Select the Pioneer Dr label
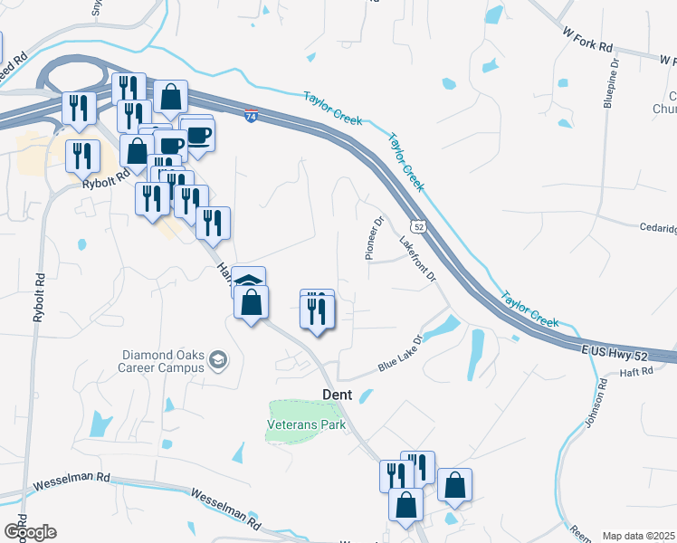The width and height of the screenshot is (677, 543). click(375, 238)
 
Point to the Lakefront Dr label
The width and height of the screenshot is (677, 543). click(418, 257)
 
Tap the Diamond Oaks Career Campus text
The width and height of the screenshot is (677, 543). click(161, 362)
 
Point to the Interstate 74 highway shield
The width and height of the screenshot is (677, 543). click(252, 117)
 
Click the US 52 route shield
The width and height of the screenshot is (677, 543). click(417, 224)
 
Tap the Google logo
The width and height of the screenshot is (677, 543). click(29, 532)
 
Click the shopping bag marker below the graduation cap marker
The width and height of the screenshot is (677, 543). click(252, 303)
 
